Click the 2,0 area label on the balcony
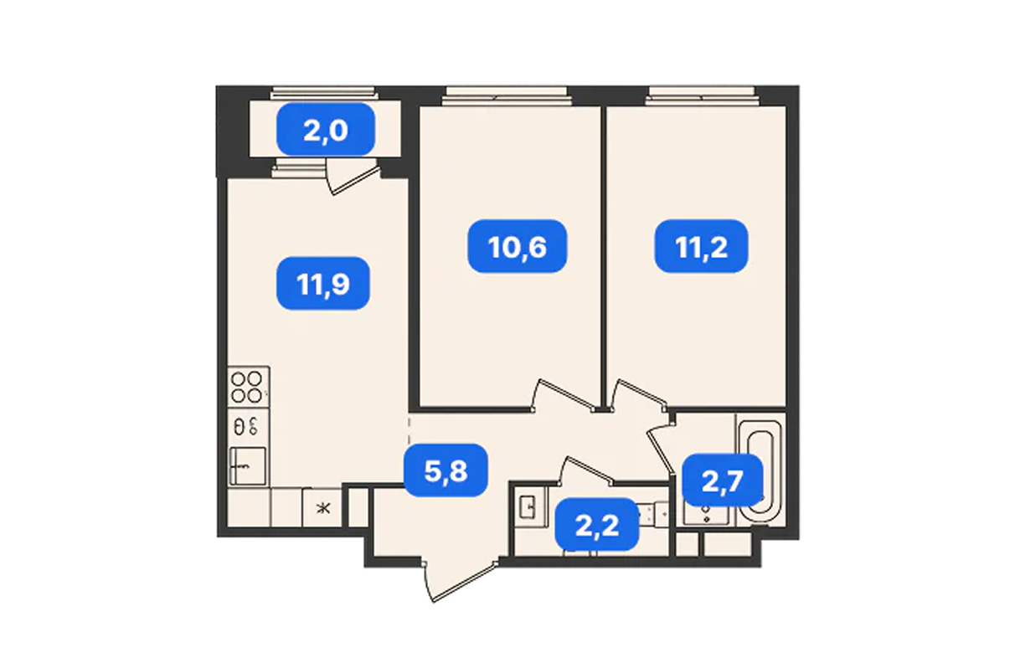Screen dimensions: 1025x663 [326, 130]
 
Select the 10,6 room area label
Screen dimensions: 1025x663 [517, 246]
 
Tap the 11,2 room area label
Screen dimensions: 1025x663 [701, 246]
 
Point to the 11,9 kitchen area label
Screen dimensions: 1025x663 [323, 284]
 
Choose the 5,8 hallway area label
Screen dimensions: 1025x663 [446, 470]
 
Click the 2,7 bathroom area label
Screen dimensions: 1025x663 [723, 481]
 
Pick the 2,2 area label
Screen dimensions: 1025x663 [597, 524]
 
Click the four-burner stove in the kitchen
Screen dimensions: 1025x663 [247, 387]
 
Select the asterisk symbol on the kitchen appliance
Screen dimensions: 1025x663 [323, 508]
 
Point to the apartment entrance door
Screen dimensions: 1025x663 [460, 580]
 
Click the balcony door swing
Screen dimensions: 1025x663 [353, 177]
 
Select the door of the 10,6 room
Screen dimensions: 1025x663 [565, 394]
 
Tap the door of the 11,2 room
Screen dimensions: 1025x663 [638, 394]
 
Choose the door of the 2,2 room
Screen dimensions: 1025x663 [586, 470]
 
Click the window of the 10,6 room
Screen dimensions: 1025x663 [507, 97]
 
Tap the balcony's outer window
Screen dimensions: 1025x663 [324, 94]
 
